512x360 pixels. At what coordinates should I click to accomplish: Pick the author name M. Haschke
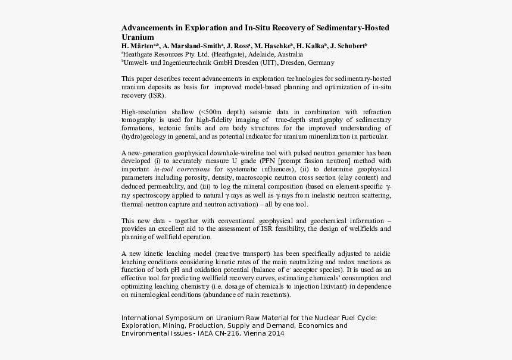click(x=273, y=46)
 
